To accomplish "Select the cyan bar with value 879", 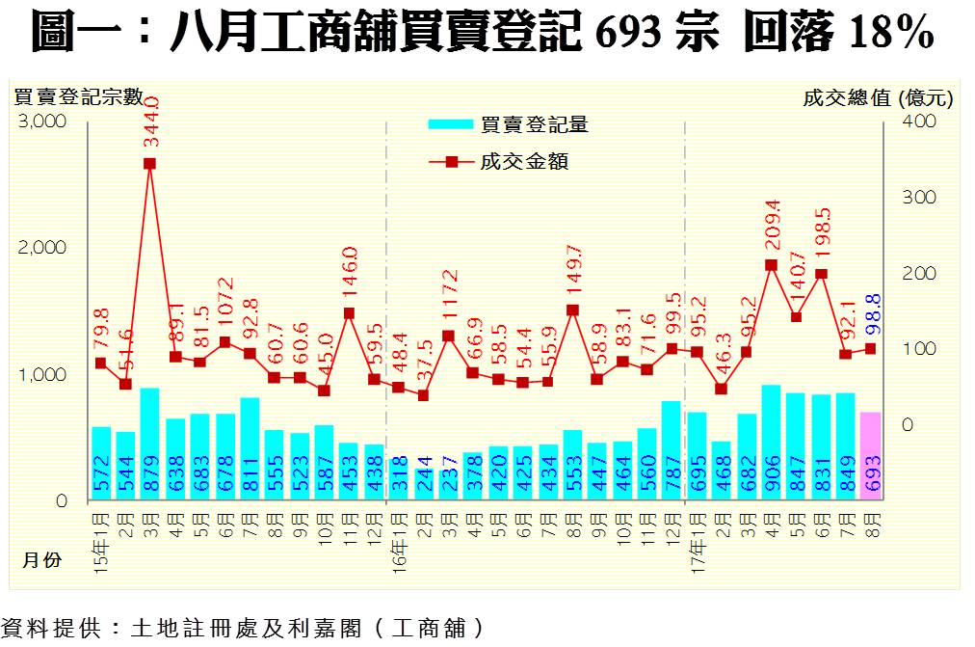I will (150, 445).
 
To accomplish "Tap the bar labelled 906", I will (771, 443).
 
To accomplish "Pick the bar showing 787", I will (672, 451).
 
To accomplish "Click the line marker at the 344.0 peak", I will (150, 163).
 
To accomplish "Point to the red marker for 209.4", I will (771, 264).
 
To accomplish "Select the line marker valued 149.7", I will (572, 310).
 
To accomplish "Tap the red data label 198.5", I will (822, 234).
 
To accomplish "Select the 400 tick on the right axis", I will (919, 121).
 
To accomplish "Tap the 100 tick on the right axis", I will (919, 349).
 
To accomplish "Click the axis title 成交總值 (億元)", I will (878, 97).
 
